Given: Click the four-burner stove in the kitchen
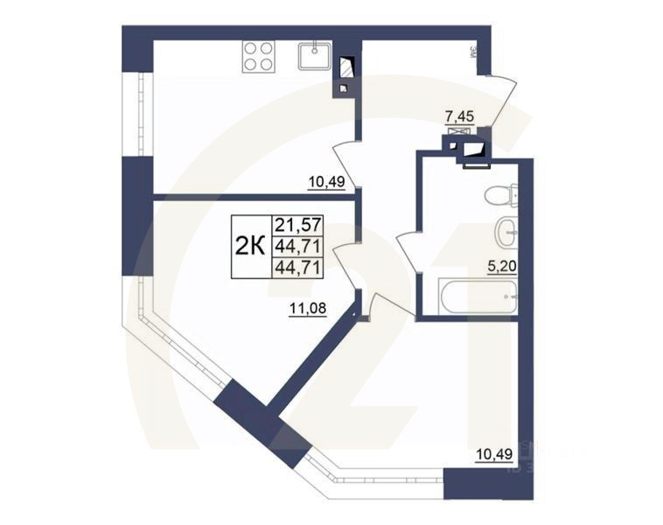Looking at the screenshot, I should tap(257, 56).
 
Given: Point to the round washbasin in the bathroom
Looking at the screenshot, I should tap(504, 232).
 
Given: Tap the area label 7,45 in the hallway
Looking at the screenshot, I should tap(460, 115).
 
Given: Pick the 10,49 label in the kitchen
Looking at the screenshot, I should tap(325, 182).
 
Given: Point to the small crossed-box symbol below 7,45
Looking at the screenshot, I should tap(455, 130).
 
